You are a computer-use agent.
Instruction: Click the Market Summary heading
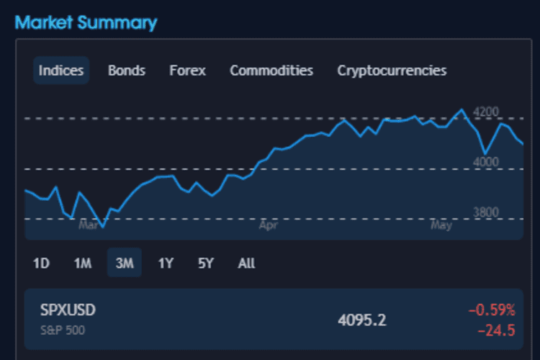86,22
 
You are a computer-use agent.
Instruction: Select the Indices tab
61,71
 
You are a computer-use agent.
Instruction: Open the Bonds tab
127,71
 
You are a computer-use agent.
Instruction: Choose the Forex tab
187,71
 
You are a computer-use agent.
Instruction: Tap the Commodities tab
271,71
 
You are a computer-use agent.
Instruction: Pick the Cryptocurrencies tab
392,71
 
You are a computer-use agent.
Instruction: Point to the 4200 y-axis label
486,112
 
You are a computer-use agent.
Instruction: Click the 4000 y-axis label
486,163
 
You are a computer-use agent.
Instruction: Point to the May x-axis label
441,225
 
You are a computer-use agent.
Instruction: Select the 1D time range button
41,264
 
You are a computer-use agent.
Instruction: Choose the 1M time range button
82,264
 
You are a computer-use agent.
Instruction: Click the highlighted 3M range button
125,264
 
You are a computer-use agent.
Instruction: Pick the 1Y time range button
166,264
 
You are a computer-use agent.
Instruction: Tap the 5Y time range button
206,264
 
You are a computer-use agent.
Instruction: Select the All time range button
246,264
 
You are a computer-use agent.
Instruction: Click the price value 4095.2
362,320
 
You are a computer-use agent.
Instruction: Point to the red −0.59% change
492,310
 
